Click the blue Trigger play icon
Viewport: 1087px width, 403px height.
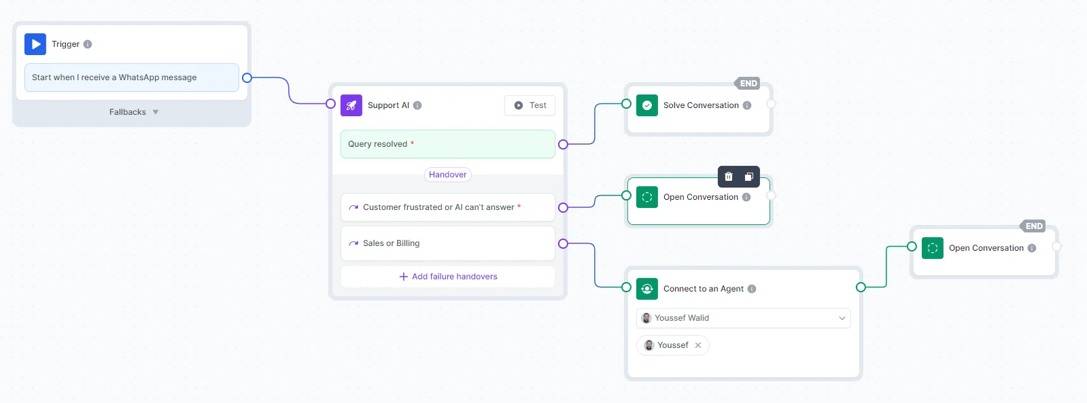click(35, 44)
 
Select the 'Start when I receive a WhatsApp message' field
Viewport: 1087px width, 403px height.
click(131, 77)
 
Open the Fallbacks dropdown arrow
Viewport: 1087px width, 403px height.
click(156, 112)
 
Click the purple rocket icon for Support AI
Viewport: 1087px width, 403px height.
click(351, 105)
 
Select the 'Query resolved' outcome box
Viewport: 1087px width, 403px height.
click(447, 144)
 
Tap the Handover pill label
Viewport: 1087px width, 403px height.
click(447, 175)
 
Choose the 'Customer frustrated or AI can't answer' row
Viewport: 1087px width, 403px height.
click(447, 207)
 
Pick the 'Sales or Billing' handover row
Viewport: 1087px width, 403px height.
click(447, 243)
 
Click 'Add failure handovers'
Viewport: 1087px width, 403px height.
click(448, 277)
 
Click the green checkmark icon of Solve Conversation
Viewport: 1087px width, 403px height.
click(647, 105)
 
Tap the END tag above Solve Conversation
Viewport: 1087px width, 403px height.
click(747, 84)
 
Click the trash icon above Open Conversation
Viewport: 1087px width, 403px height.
click(728, 177)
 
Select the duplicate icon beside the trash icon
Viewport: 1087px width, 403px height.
click(748, 177)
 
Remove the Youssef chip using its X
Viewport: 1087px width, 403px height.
click(698, 345)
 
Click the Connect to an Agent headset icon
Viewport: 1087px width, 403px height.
click(647, 289)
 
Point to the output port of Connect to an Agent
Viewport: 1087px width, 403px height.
click(861, 287)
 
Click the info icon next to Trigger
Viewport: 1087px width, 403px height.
click(87, 44)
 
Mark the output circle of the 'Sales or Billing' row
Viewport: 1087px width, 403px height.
click(563, 243)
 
